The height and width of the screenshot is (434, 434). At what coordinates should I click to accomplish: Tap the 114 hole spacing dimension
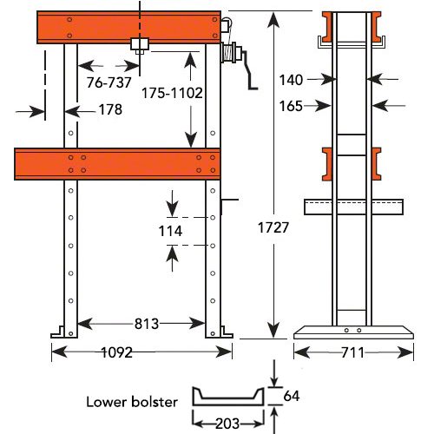172,231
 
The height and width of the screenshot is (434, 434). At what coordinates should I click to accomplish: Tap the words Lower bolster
133,402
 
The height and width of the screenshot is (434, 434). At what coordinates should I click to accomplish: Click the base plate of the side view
352,332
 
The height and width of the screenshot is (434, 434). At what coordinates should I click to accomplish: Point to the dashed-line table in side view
353,207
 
